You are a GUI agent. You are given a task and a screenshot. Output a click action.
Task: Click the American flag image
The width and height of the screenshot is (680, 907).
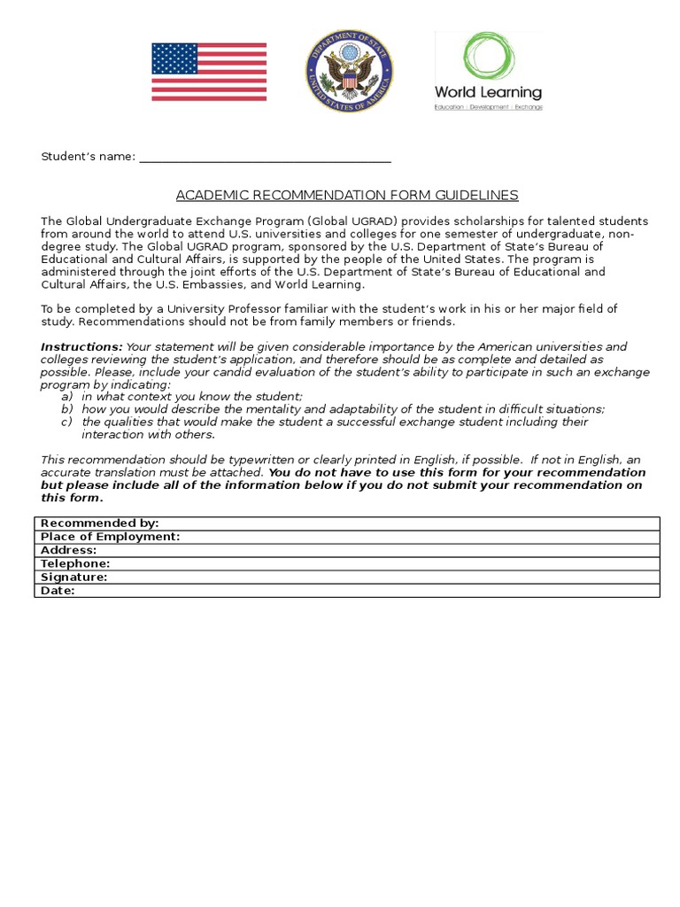tap(209, 72)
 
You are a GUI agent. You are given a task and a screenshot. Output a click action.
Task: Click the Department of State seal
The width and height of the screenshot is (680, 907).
tap(350, 71)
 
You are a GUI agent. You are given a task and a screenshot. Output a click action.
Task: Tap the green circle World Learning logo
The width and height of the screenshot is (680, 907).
tap(487, 56)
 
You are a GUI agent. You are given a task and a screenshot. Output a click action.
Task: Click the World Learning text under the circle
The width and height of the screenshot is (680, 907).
tap(488, 92)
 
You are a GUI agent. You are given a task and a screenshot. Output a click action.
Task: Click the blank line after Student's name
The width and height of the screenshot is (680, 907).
tap(265, 157)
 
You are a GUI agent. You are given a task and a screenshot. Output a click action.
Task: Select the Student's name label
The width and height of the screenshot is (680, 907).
tap(88, 157)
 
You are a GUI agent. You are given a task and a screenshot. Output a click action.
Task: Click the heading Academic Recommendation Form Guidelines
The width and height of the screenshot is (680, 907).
tap(347, 195)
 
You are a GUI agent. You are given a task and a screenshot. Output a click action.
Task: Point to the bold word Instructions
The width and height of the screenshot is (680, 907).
tap(81, 346)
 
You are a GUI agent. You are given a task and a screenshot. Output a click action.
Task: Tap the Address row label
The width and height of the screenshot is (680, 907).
tap(69, 550)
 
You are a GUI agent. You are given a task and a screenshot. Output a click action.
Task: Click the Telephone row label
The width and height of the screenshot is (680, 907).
tap(75, 563)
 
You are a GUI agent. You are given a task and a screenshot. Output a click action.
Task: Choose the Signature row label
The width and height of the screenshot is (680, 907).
tap(74, 577)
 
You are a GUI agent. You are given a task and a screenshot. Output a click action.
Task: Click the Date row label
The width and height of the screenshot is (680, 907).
tap(58, 590)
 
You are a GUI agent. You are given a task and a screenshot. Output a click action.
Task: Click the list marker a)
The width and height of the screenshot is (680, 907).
tap(66, 397)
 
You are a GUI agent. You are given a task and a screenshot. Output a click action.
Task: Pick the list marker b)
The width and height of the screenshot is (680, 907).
tap(66, 409)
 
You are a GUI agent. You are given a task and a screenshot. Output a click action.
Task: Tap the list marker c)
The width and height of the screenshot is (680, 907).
tap(66, 422)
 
